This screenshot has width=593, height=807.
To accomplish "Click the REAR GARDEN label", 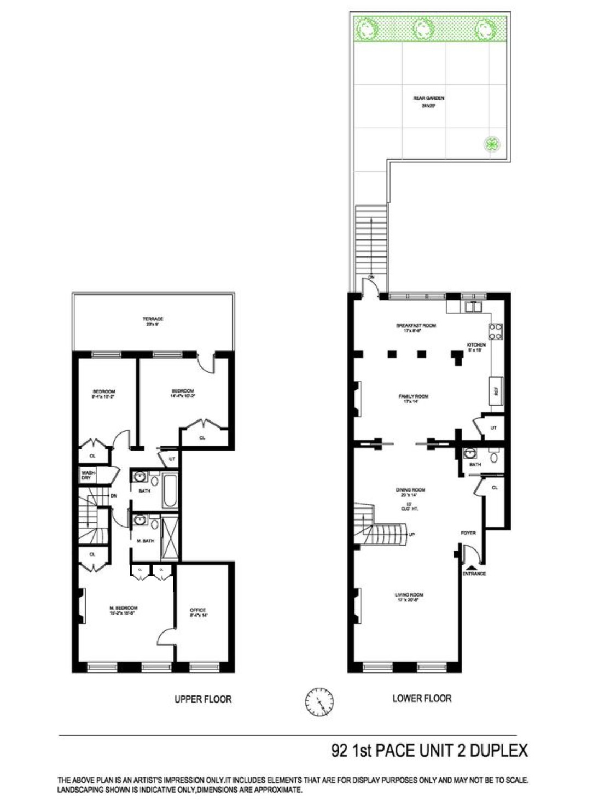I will (428, 98).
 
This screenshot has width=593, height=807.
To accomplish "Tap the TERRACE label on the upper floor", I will (153, 319).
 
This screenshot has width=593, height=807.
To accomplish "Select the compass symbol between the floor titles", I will (319, 700).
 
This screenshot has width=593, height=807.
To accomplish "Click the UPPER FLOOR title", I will (203, 699).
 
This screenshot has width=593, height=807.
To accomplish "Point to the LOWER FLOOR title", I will (422, 698).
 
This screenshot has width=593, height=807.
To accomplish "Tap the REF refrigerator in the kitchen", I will (497, 391).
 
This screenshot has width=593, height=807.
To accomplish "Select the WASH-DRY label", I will (87, 475).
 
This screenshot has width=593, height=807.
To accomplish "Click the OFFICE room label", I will (198, 610).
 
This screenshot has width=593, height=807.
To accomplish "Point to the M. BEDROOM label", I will (123, 608).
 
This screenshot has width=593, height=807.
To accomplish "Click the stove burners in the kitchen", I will (496, 332).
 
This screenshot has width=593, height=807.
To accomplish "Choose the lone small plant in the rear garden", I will (492, 144).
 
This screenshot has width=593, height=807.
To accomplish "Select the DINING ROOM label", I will (411, 490).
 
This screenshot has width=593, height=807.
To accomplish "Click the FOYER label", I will (468, 533).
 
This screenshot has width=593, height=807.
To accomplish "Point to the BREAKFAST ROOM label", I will (416, 325).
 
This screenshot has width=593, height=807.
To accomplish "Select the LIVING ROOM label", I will (409, 595).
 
